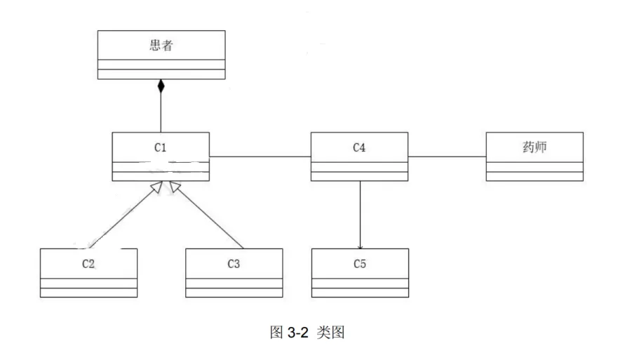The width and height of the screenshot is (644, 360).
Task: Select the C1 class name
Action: pos(161,147)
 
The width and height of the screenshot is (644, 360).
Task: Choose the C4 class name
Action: pos(359,147)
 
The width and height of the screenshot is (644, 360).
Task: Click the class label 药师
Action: pos(534,147)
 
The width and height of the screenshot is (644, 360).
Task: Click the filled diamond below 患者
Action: pos(161,86)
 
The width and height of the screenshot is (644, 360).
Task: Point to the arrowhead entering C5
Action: pos(360,246)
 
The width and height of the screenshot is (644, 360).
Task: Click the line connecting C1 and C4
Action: pos(260,156)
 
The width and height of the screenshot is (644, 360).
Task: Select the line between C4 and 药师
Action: pos(446,156)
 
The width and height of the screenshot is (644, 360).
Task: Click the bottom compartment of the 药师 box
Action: pos(534,176)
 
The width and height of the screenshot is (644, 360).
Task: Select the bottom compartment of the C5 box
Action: pos(359,292)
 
